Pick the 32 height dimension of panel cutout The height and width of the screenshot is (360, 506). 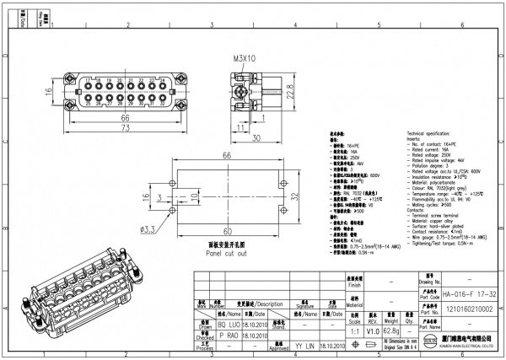pos(294,195)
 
